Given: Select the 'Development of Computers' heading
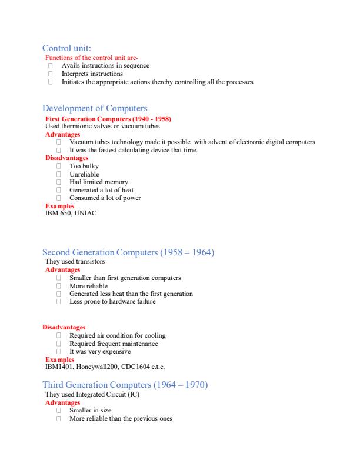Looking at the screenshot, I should tap(95, 108).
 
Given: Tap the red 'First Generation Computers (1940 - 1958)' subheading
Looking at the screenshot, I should tap(108, 119).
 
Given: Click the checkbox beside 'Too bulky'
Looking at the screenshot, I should tap(59, 167).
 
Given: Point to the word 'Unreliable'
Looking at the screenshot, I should tap(84, 174).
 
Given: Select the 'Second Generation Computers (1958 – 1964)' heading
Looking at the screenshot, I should tap(128, 253).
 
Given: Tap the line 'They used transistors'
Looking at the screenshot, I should tap(75, 261).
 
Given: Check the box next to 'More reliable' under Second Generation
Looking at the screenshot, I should tap(59, 285).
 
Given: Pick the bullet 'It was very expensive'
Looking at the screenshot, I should tap(100, 351).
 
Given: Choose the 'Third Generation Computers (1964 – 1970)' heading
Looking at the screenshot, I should tap(125, 385).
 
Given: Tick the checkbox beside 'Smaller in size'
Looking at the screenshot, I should tap(59, 410).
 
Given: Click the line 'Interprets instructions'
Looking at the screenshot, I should tap(92, 74).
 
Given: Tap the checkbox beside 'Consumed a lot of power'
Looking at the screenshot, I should tap(59, 198).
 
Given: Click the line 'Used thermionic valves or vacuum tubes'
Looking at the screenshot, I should tap(102, 126).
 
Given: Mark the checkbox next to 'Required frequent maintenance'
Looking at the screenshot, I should tap(59, 344).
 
